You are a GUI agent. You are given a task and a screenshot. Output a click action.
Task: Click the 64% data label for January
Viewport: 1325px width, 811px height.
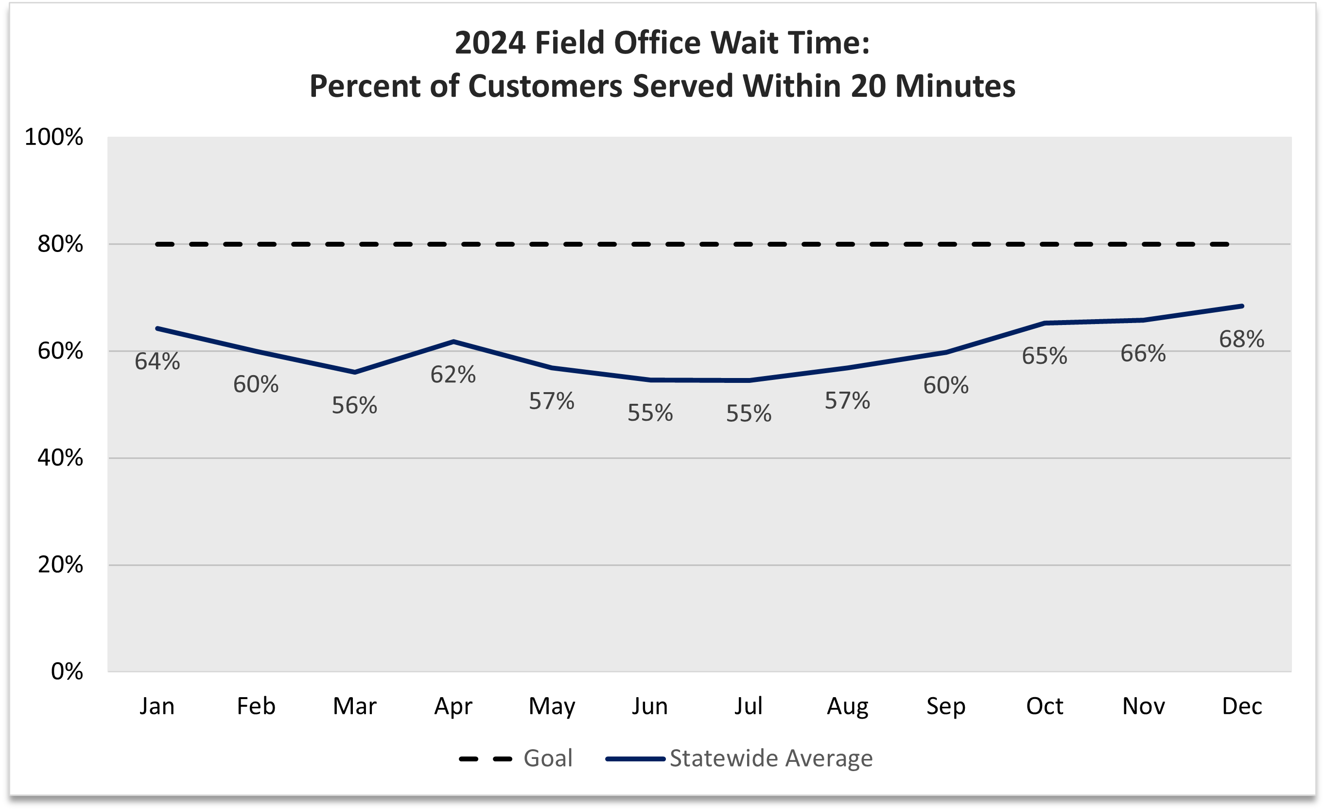point(157,361)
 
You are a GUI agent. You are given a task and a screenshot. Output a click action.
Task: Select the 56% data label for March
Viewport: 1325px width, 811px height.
point(354,406)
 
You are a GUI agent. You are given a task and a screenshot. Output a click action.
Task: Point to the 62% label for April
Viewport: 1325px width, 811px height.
point(453,375)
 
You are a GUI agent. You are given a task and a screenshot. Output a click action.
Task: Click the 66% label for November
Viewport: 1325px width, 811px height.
point(1143,354)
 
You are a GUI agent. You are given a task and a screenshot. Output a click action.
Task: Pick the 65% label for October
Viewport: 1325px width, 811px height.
point(1044,356)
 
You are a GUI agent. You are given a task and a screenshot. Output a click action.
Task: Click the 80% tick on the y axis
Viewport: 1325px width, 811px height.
point(60,244)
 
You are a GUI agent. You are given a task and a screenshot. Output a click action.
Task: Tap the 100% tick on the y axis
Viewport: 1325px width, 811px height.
point(54,137)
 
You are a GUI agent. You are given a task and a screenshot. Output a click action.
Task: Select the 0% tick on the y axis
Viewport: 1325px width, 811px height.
point(67,672)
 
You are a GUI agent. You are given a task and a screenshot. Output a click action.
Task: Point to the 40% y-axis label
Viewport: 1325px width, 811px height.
point(60,458)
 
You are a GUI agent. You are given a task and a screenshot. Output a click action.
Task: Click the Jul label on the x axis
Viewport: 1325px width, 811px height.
point(749,706)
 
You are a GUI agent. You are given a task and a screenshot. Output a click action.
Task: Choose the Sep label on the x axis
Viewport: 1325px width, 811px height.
point(946,706)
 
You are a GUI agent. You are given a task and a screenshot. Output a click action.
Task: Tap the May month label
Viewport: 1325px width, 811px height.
point(552,706)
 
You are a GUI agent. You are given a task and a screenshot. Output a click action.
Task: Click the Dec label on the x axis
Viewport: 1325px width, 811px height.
point(1242,706)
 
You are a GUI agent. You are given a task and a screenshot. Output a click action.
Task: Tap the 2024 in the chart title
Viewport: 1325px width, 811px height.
point(490,43)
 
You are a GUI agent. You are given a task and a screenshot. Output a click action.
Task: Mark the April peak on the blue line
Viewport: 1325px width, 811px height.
point(453,341)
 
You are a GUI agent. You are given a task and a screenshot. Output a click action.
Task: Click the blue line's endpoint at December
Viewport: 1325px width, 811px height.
point(1242,306)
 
